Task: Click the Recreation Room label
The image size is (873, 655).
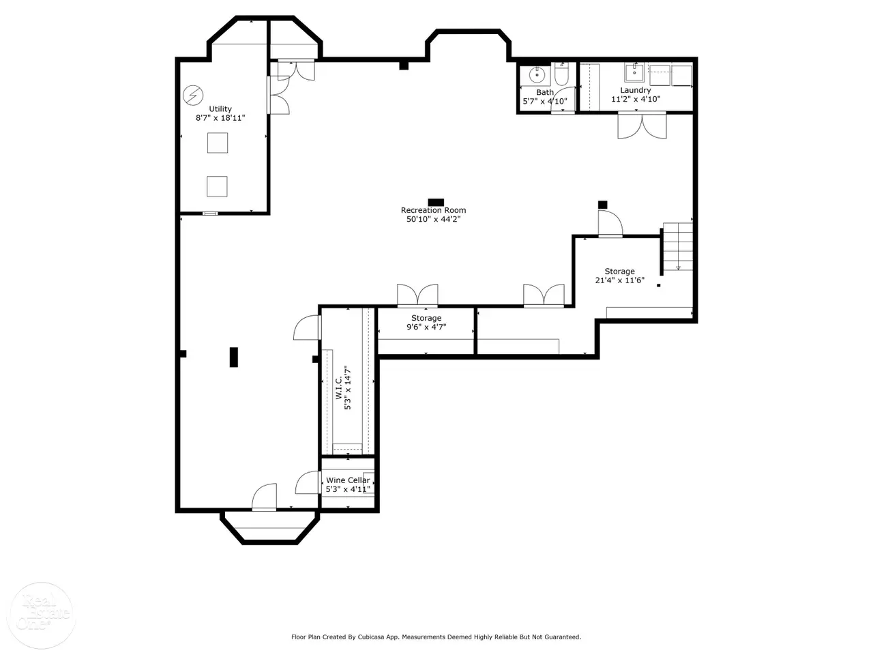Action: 433,210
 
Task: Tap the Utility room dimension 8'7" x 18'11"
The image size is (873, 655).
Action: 220,118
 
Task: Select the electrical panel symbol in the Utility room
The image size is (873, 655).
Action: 193,96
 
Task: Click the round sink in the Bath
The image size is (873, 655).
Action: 537,74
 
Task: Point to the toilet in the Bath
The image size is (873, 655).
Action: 561,74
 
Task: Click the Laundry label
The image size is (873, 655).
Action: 636,90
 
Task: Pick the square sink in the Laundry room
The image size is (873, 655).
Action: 634,73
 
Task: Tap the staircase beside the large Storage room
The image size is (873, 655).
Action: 678,246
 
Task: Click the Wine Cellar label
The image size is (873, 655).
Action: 348,480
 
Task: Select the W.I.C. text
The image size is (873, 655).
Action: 338,388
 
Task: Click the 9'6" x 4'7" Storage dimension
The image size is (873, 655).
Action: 426,327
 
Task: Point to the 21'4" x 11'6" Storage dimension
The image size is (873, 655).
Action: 620,280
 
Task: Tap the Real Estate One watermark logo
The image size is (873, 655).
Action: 42,615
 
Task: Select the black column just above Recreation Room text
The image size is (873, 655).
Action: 436,203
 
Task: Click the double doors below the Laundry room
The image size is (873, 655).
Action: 642,126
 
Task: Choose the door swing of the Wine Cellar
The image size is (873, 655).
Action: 308,482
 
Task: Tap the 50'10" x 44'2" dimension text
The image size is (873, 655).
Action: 433,219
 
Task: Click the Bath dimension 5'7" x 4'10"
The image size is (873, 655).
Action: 545,102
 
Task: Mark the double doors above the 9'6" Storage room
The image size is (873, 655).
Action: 417,295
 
